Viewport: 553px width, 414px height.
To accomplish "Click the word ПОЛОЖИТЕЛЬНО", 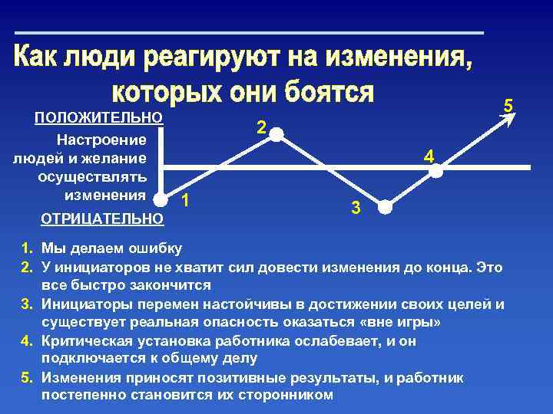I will (99, 117).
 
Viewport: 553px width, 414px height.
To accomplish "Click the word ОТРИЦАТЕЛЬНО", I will (101, 219).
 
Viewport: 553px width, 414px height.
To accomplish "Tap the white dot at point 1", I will (161, 199).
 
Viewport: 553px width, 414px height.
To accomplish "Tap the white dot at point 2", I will (276, 135).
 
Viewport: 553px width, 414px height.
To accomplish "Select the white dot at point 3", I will (386, 208).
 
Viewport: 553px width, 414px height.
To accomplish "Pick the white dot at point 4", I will (435, 172).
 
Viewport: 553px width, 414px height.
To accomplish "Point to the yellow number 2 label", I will (261, 128).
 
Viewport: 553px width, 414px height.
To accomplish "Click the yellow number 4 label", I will (429, 157).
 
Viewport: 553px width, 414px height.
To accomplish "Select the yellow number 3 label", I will (356, 207).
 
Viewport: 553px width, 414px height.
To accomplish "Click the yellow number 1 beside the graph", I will (184, 202).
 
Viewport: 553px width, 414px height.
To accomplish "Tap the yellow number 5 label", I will (508, 105).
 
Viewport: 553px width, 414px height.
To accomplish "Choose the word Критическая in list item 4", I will (84, 340).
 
